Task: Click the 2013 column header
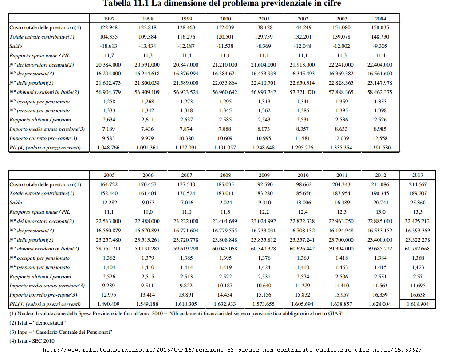point(417,175)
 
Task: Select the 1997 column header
point(109,19)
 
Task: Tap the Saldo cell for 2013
point(417,203)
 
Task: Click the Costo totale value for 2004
point(380,27)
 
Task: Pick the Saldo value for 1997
point(109,46)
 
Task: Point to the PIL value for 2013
point(417,304)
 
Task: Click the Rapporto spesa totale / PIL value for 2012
point(381,212)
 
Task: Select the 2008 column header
point(225,175)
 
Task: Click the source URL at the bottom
point(232,350)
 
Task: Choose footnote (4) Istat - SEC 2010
point(32,341)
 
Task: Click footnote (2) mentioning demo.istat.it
point(38,323)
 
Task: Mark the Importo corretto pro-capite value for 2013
point(417,295)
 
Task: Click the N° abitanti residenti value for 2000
point(224,92)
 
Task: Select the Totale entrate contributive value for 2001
point(264,37)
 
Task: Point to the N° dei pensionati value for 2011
point(341,231)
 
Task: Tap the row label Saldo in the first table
point(16,46)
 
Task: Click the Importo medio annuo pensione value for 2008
point(225,286)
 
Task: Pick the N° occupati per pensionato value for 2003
point(342,102)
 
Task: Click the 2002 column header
point(303,19)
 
